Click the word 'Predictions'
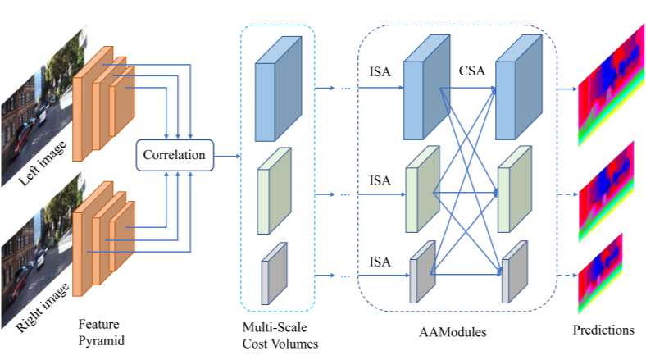pyautogui.click(x=604, y=330)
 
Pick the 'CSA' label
pyautogui.click(x=473, y=71)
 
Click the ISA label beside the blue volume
pyautogui.click(x=380, y=71)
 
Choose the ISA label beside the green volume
pyautogui.click(x=380, y=180)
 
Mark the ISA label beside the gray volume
pyautogui.click(x=380, y=262)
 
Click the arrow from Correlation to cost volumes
pyautogui.click(x=225, y=154)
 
